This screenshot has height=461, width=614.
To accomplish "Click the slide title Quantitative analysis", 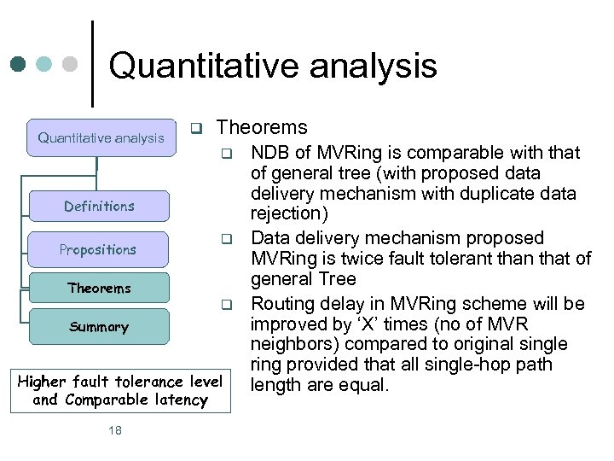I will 272,67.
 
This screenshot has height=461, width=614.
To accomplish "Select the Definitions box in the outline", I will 99,207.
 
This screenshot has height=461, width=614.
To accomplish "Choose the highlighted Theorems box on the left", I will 99,289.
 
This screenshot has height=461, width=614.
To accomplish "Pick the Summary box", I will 99,327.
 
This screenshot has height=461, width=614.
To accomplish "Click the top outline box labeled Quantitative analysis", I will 101,137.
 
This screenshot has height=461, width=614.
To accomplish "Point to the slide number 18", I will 115,430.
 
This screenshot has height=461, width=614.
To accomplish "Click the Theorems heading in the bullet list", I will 261,128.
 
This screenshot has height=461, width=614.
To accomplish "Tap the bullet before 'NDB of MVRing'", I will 227,155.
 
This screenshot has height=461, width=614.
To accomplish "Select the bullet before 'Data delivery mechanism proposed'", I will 227,238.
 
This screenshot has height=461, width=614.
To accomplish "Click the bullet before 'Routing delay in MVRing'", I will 227,304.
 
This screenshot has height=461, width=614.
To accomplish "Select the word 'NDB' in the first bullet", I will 269,153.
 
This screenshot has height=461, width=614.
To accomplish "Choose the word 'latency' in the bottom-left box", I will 181,400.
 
